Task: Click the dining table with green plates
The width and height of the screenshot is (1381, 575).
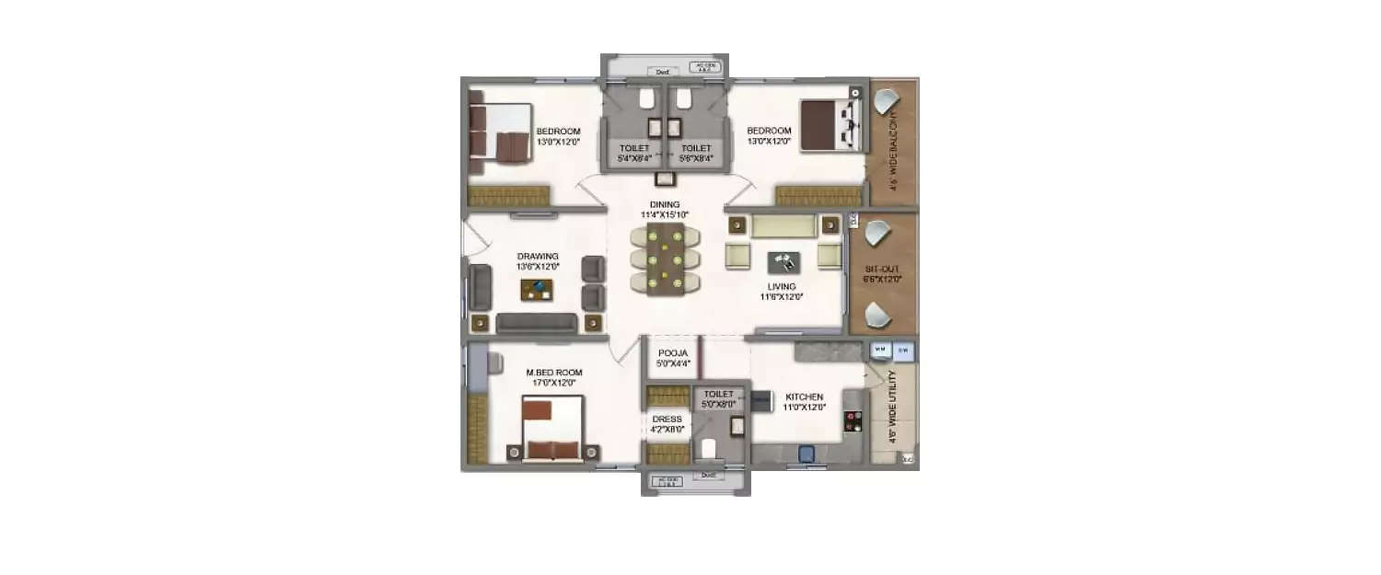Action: click(664, 259)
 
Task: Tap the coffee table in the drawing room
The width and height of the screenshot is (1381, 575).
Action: click(538, 290)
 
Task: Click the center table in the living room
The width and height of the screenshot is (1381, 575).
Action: click(783, 262)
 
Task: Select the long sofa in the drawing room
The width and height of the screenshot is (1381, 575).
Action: click(537, 323)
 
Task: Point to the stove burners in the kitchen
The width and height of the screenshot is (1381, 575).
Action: click(853, 421)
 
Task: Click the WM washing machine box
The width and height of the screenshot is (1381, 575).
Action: click(879, 350)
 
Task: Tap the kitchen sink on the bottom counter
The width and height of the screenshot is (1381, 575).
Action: click(807, 454)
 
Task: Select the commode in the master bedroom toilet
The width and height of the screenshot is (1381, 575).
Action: click(708, 449)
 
